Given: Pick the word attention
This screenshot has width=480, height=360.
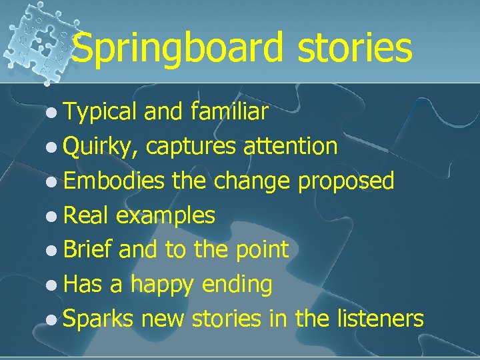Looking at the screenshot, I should (291, 146).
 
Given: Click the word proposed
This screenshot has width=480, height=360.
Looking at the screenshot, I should (346, 181).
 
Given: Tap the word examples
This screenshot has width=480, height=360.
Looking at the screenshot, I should (165, 215).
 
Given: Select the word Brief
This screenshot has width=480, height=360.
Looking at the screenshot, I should (89, 249).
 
